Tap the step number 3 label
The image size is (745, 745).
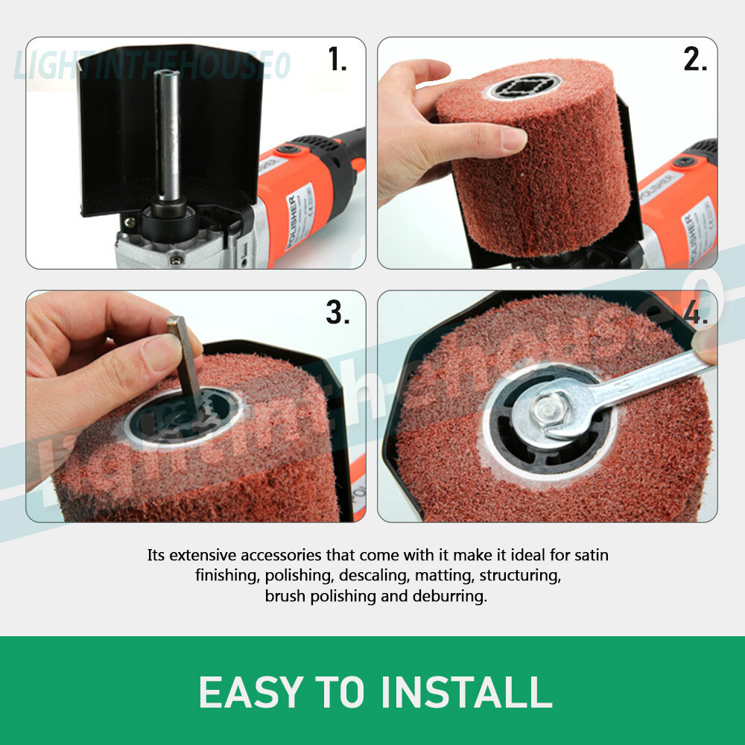tap(337, 314)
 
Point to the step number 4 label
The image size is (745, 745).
tap(694, 314)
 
